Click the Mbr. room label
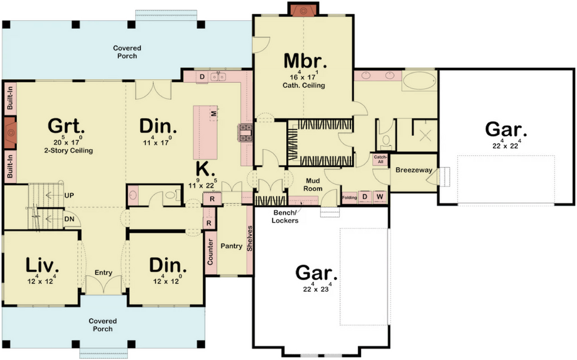[x=305, y=61]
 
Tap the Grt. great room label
[x=66, y=126]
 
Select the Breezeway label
[x=414, y=170]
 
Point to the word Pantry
[x=232, y=246]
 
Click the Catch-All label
[x=380, y=159]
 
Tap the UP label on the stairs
[x=69, y=195]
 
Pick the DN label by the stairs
[x=69, y=219]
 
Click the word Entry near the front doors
[x=104, y=272]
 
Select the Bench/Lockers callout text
[x=285, y=216]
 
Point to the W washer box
[x=380, y=197]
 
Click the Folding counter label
[x=349, y=197]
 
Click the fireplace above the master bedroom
[x=303, y=10]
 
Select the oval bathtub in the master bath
[x=419, y=81]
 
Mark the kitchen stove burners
[x=246, y=132]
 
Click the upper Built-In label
[x=10, y=97]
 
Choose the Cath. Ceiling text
[x=304, y=86]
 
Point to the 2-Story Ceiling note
[x=68, y=150]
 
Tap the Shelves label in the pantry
[x=250, y=238]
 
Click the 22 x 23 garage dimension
[x=316, y=288]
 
